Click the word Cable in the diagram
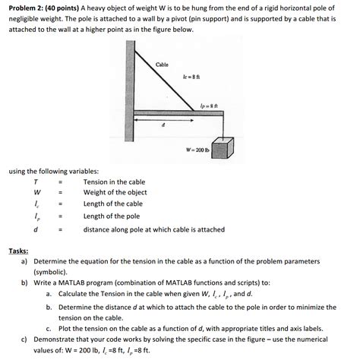pos(162,65)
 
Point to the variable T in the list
pos(35,182)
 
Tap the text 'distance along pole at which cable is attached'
pos(153,229)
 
